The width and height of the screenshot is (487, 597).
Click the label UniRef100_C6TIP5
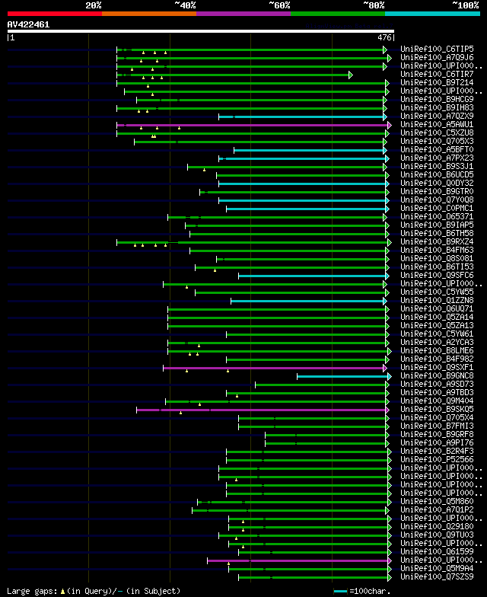point(437,49)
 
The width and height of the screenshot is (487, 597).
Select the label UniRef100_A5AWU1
point(437,125)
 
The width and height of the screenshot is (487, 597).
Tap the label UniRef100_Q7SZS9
point(437,576)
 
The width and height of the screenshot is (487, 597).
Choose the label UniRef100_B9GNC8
point(437,376)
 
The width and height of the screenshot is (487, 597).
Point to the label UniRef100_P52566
point(437,460)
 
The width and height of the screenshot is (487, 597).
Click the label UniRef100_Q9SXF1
point(437,368)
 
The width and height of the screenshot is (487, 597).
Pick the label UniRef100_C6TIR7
point(437,75)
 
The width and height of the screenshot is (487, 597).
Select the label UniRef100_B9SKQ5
point(437,410)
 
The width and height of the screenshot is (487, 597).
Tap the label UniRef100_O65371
point(437,217)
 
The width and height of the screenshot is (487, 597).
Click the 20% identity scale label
point(94,5)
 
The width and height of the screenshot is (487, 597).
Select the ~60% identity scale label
point(279,5)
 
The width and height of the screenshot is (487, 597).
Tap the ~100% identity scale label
point(465,5)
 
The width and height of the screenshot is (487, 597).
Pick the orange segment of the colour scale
point(148,13)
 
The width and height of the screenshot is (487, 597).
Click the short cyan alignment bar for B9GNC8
point(342,376)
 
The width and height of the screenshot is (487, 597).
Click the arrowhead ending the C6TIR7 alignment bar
point(351,75)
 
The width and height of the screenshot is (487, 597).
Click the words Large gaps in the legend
point(27,591)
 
